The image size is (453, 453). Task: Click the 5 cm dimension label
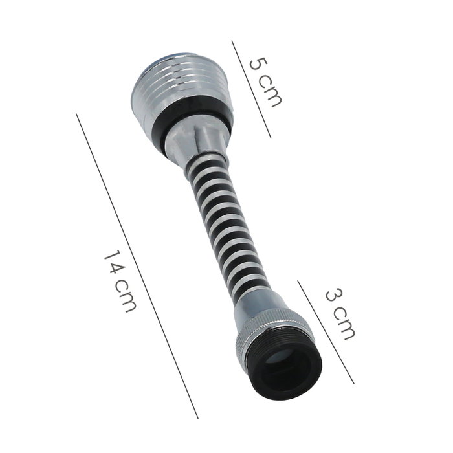pyautogui.click(x=265, y=83)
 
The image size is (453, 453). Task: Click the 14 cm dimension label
pyautogui.click(x=120, y=282)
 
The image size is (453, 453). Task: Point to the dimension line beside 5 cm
pyautogui.click(x=251, y=89)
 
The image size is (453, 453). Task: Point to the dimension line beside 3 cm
pyautogui.click(x=326, y=332)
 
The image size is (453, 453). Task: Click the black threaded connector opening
pyautogui.click(x=285, y=366)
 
